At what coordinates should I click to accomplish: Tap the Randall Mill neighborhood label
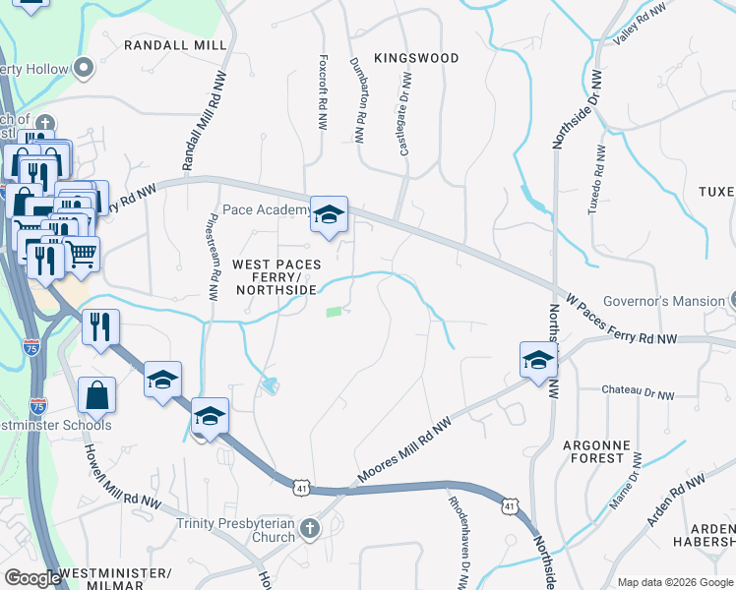[175, 45]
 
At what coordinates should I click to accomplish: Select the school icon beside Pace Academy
[329, 214]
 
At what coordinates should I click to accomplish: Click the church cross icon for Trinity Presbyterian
[310, 529]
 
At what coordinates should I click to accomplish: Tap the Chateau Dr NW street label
[639, 394]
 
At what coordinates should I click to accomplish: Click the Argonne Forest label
[595, 451]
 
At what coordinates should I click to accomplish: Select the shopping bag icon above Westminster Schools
[98, 396]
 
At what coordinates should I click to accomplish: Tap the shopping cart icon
[82, 254]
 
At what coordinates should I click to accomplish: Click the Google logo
[32, 578]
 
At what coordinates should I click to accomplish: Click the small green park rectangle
[335, 312]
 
